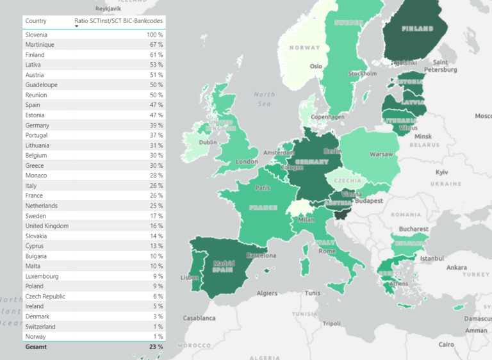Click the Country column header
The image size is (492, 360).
point(36,21)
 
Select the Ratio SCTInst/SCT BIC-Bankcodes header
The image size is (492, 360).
point(119,21)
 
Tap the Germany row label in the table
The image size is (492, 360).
point(37,126)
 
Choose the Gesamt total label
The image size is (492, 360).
point(37,347)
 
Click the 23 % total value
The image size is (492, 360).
point(156,347)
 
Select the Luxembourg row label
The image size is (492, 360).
point(42,276)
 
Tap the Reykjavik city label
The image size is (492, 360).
point(108,9)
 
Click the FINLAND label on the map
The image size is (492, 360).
point(417,28)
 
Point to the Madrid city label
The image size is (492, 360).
point(223,263)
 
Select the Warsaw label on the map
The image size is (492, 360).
point(381,154)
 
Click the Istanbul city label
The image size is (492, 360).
point(432,258)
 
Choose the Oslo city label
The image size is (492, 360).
point(316,66)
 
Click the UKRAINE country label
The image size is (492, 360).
point(446,184)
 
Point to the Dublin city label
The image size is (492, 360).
point(208,142)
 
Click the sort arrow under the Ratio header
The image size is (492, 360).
point(77,26)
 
